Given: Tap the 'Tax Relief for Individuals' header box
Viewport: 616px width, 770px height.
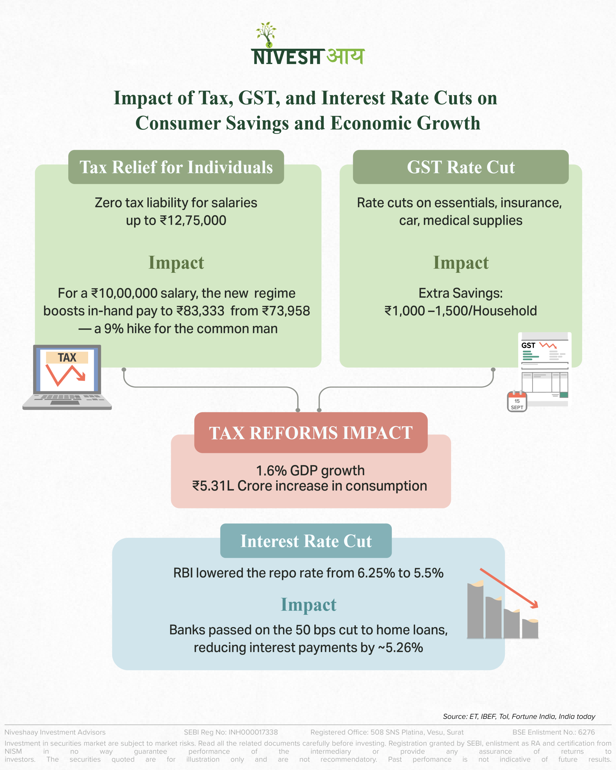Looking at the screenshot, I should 176,167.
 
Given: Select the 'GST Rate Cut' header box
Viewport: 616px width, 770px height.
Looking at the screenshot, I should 461,167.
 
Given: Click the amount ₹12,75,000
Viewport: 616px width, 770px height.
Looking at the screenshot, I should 193,221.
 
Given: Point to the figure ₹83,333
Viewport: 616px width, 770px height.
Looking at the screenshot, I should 200,311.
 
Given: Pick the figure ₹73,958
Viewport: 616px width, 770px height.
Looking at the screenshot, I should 286,311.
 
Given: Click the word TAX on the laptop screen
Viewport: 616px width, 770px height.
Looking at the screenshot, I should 67,358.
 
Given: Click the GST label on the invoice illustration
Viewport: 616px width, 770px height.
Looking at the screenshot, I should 528,345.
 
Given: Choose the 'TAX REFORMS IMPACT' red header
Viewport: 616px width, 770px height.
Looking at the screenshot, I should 311,433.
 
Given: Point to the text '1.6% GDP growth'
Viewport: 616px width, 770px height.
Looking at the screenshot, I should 310,471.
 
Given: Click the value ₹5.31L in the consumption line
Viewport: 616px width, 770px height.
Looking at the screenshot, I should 213,486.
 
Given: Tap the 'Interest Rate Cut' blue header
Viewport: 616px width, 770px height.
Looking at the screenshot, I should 306,541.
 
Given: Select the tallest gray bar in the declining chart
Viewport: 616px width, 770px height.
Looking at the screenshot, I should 475,611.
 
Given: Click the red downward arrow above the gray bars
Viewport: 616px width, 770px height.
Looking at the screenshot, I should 509,588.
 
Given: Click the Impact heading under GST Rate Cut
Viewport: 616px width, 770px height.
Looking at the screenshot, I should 461,263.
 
